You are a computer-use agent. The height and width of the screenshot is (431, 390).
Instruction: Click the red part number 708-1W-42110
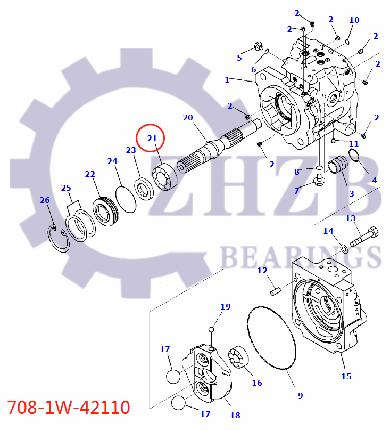click(x=68, y=408)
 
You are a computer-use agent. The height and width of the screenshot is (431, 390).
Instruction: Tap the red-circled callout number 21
click(x=151, y=139)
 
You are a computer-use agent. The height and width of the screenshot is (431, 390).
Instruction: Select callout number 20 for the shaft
click(x=187, y=118)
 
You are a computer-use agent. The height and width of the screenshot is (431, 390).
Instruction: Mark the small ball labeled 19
click(x=211, y=329)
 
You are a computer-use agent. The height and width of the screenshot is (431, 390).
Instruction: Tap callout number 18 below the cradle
click(x=235, y=416)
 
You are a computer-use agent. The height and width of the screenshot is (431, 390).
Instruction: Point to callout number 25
click(x=65, y=188)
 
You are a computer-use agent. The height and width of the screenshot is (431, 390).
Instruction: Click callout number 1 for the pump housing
click(x=227, y=80)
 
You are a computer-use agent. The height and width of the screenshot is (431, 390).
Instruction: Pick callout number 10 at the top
click(x=354, y=20)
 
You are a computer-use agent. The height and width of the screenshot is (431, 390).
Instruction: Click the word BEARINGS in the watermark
click(x=300, y=257)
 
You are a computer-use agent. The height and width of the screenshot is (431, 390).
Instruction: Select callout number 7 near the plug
click(x=296, y=190)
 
